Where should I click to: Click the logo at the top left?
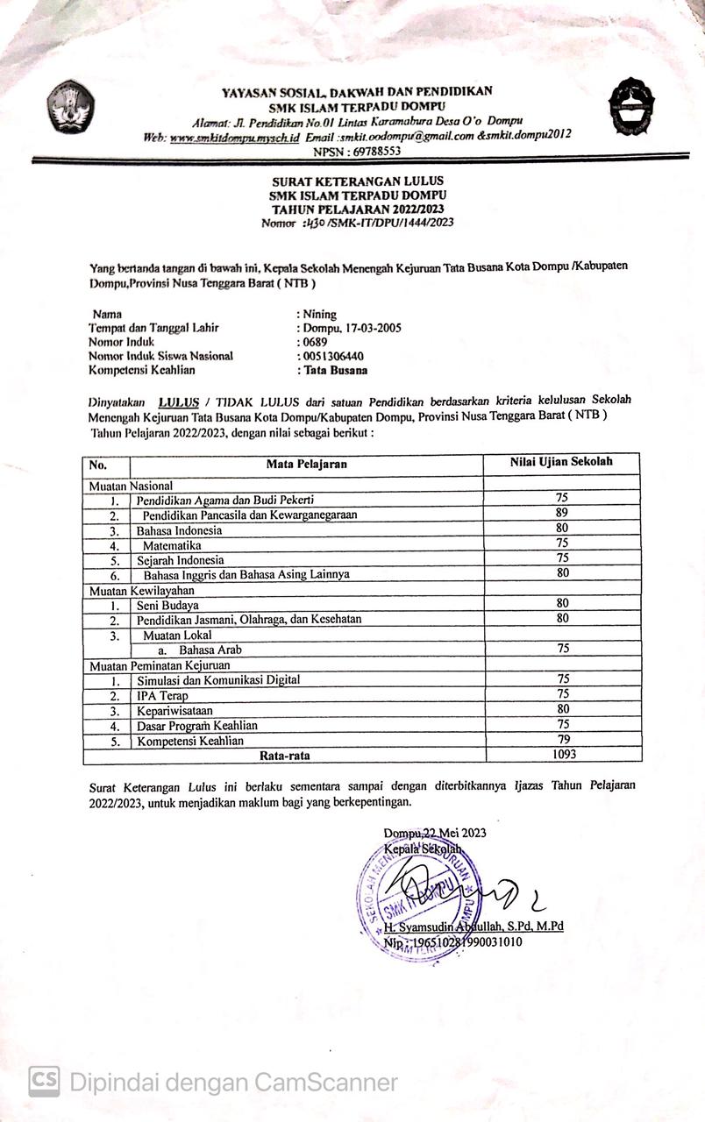tap(71, 105)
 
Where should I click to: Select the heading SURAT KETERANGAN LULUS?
tap(358, 181)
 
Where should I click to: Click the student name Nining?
tap(319, 314)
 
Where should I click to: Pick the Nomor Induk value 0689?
tap(314, 342)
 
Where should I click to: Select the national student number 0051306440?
tap(333, 356)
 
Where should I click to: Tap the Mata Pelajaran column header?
tap(307, 464)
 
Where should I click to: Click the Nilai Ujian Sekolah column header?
tap(562, 462)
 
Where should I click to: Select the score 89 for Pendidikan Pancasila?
tap(562, 513)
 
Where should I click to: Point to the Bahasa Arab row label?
tap(210, 650)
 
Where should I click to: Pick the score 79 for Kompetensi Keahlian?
tap(562, 739)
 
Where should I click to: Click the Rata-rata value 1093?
tap(562, 754)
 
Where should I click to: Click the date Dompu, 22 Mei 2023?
tap(435, 833)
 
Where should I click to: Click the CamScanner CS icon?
tap(44, 1082)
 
